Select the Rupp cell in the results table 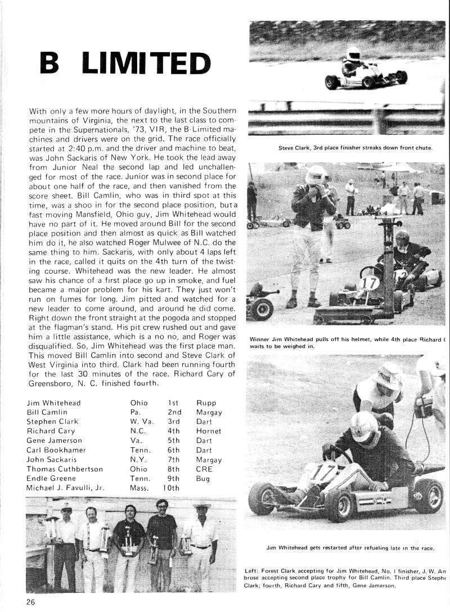pos(206,402)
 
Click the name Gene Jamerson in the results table pos(54,441)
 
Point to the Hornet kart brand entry pos(209,431)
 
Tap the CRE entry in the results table pos(204,469)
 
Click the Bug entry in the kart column pos(203,479)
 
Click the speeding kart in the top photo pos(364,74)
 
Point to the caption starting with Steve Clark pos(355,148)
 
